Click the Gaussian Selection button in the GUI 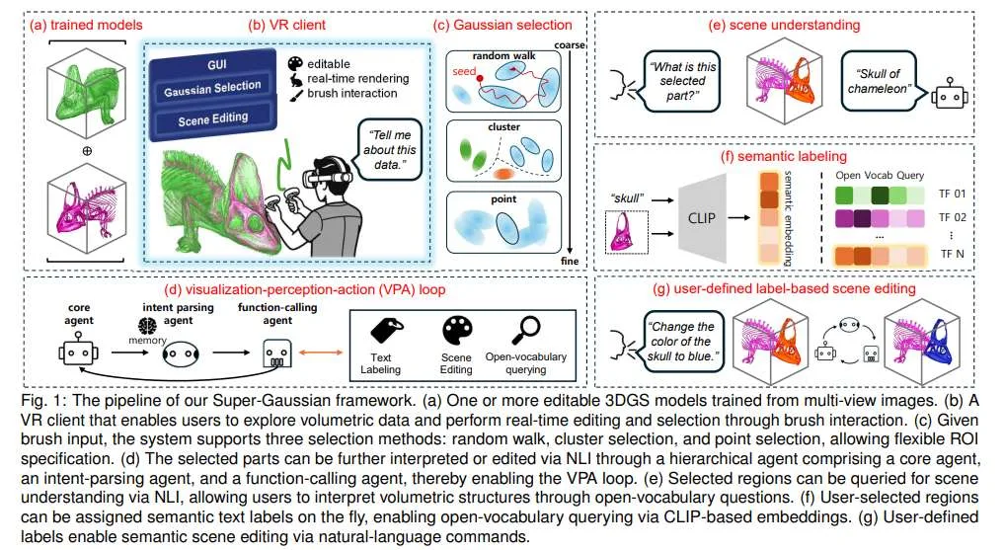coord(212,88)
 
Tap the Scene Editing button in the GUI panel coord(212,119)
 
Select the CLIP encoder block coord(702,217)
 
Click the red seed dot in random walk coord(480,78)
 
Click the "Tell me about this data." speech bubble coord(389,150)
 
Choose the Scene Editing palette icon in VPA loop coord(457,331)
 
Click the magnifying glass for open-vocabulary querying coord(526,331)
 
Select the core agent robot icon coord(78,353)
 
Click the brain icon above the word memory coord(147,326)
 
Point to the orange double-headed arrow coord(322,352)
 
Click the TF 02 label coord(952,217)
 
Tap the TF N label coord(952,254)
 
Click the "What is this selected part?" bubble coord(682,81)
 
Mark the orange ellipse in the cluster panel coord(503,174)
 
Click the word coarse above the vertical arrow coord(570,44)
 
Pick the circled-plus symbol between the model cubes coord(87,151)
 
